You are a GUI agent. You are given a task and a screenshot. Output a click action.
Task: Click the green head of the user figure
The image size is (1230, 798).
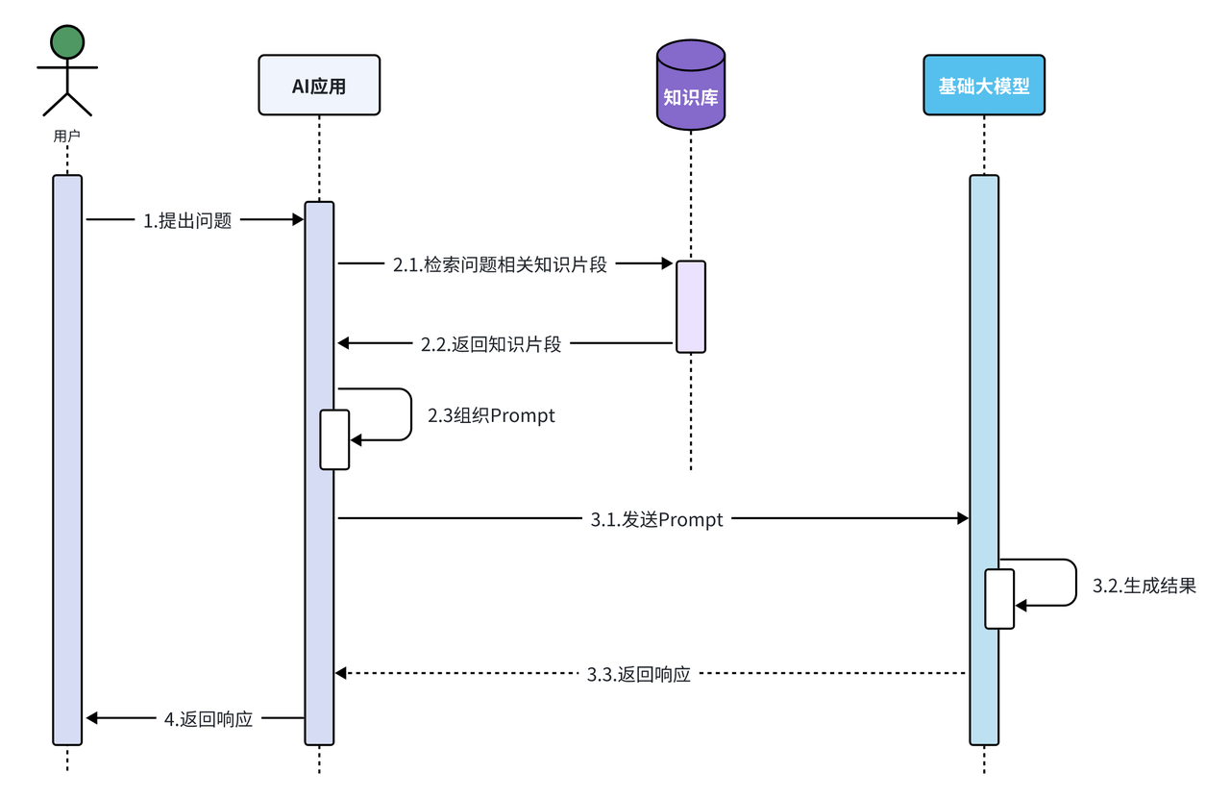pyautogui.click(x=67, y=41)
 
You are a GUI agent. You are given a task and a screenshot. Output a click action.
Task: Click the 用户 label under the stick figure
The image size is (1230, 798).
pyautogui.click(x=66, y=137)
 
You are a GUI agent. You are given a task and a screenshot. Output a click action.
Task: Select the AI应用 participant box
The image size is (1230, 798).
pyautogui.click(x=319, y=87)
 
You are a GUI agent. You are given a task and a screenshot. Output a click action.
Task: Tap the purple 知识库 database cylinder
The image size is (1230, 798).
pyautogui.click(x=690, y=87)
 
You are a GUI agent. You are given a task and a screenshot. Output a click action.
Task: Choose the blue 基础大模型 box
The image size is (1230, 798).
pyautogui.click(x=984, y=86)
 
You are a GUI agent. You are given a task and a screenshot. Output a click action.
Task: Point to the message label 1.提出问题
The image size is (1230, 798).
pyautogui.click(x=188, y=221)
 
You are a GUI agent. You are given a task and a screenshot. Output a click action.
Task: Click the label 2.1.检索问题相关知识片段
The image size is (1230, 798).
pyautogui.click(x=500, y=265)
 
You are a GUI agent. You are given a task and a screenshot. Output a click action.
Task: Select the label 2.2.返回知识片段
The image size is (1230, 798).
pyautogui.click(x=491, y=343)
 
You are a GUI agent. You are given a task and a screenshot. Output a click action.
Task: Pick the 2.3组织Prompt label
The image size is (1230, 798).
pyautogui.click(x=491, y=415)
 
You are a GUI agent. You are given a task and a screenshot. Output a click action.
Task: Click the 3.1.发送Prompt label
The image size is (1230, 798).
pyautogui.click(x=657, y=519)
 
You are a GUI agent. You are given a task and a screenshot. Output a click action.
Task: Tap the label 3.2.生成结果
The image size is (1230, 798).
pyautogui.click(x=1144, y=585)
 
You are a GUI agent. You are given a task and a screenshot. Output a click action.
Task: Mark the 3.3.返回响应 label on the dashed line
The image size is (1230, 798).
pyautogui.click(x=639, y=674)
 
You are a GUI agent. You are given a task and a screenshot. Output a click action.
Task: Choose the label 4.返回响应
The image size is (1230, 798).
pyautogui.click(x=209, y=718)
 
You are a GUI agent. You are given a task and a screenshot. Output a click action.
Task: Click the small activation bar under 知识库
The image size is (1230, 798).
pyautogui.click(x=691, y=307)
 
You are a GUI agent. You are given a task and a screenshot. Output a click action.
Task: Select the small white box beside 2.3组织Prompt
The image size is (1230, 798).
pyautogui.click(x=334, y=439)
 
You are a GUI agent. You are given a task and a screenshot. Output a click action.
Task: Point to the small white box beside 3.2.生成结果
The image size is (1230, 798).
pyautogui.click(x=999, y=599)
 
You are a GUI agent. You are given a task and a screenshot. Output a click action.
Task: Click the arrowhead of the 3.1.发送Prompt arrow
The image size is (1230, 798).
pyautogui.click(x=963, y=519)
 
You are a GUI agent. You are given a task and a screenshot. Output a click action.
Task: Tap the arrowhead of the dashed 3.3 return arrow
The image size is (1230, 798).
pyautogui.click(x=340, y=674)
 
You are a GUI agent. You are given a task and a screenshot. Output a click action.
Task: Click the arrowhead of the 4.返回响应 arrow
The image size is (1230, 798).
pyautogui.click(x=92, y=718)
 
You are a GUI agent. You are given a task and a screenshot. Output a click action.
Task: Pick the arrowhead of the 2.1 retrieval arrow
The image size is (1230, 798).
pyautogui.click(x=667, y=263)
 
